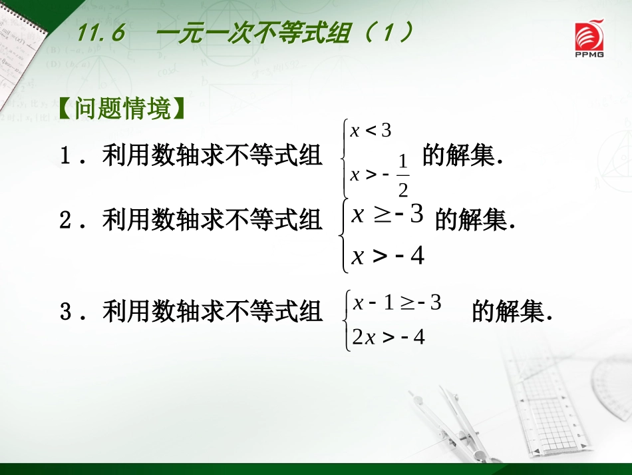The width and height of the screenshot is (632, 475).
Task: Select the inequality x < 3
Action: pos(371,131)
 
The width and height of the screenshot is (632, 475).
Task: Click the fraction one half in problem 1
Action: pos(402,175)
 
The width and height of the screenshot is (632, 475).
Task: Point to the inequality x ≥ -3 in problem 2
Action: pos(387,215)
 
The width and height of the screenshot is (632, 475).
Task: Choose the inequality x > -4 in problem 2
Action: pos(387,255)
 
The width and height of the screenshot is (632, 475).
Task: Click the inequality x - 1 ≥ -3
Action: pos(396,303)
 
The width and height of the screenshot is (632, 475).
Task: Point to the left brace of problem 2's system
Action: pos(343,235)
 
